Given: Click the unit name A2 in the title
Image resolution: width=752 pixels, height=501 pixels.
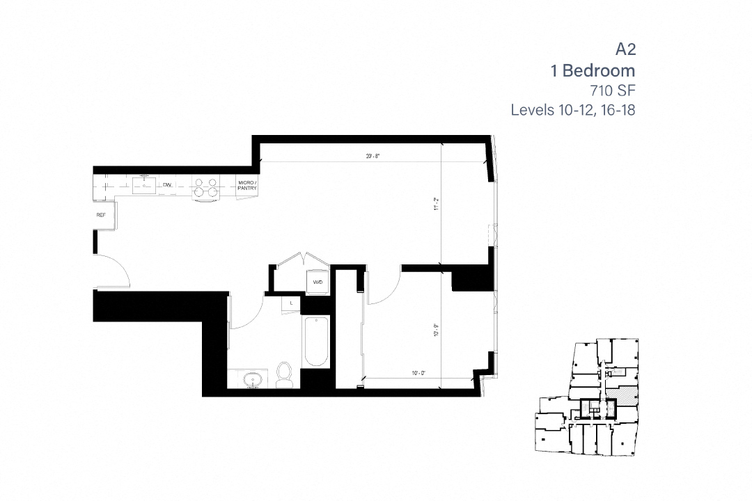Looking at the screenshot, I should coord(625,49).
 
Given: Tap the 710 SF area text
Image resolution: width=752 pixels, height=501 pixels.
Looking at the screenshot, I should coord(610,90).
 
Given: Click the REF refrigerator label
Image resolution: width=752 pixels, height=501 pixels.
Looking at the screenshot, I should coord(101,216).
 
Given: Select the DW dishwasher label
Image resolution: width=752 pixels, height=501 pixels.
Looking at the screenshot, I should coord(167,185).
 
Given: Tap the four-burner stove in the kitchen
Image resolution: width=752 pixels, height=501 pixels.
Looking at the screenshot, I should coord(206,188).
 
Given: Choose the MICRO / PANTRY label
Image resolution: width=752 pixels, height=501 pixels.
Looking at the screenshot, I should coord(247,185).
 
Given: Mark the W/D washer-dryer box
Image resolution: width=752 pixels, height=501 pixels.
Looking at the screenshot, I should coord(318,282).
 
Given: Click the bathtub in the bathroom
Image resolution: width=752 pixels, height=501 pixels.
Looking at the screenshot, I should coord(315,341).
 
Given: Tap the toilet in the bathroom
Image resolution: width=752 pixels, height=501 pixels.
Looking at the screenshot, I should coord(284,374).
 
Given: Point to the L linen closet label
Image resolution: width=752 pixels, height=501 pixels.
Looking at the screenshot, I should coord(292,303).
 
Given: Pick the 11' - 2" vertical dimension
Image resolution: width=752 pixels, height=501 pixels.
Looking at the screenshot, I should coord(436,204).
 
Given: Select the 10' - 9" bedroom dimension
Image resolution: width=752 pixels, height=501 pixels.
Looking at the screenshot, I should coord(436,325).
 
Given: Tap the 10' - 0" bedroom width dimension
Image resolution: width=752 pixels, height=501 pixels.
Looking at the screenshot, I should coord(418,374).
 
